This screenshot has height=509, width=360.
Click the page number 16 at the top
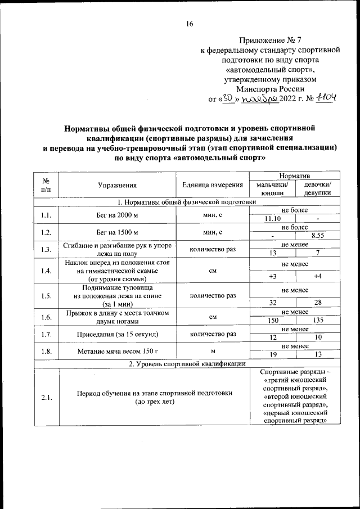pos(189,24)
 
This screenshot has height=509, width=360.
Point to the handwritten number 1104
pos(326,98)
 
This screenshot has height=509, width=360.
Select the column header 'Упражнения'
pos(117,184)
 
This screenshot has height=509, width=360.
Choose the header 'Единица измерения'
pos(213,184)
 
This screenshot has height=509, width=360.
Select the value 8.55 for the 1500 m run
pos(318,236)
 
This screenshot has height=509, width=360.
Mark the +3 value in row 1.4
pos(272,276)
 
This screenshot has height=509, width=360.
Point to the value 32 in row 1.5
pos(272,302)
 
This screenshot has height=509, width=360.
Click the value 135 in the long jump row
pos(318,321)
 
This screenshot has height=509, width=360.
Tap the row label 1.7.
pos(46,334)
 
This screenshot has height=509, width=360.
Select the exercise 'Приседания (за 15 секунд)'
pos(117,334)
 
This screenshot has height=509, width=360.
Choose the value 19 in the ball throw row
pos(272,354)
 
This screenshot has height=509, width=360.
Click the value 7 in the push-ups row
pos(318,253)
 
